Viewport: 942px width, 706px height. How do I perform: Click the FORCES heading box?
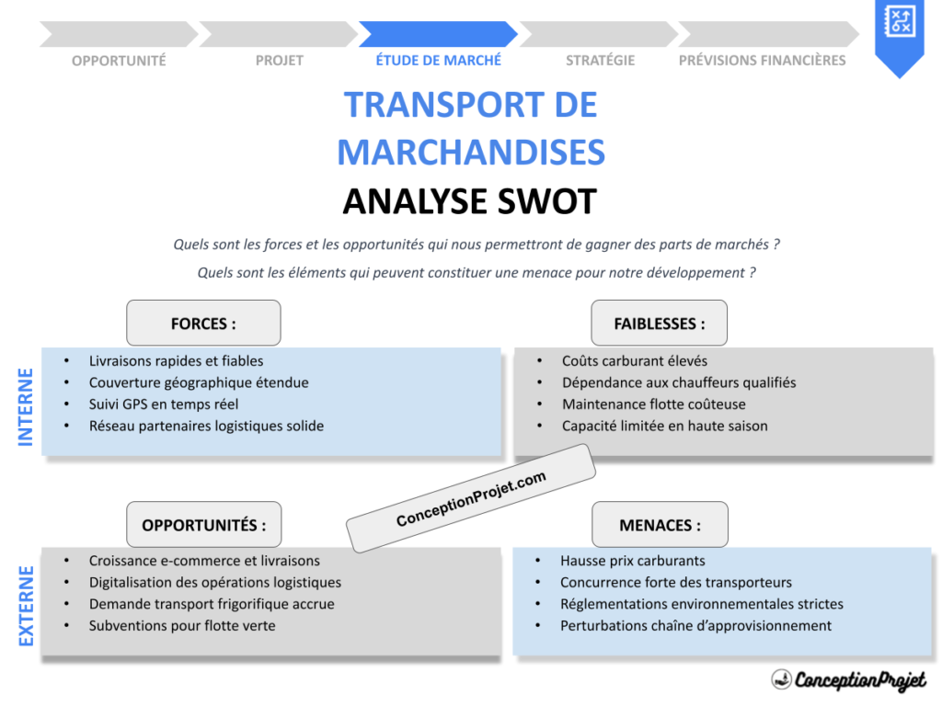tap(203, 323)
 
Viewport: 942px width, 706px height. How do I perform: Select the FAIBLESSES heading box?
tap(659, 323)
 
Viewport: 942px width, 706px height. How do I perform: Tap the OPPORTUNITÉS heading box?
tap(203, 525)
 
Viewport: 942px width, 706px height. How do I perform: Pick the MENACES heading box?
tap(659, 525)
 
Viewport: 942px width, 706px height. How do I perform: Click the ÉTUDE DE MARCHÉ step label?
tap(438, 61)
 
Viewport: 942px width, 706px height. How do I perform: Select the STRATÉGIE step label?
tap(600, 61)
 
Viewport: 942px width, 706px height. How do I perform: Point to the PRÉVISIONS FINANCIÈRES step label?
tap(762, 61)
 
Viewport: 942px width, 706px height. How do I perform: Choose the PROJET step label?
tap(279, 61)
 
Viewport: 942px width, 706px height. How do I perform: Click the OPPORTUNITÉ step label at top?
tap(119, 61)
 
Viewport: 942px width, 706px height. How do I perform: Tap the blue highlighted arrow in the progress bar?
tap(438, 34)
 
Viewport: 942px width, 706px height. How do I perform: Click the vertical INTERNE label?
tap(26, 406)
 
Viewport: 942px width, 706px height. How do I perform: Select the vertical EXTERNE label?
tap(26, 605)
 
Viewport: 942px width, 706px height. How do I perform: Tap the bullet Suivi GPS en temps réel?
tap(164, 404)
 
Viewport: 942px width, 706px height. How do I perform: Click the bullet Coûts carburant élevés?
tap(635, 361)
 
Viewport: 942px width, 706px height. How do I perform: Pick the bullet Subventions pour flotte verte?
tap(182, 626)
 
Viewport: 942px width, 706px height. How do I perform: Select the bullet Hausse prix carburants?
tap(633, 561)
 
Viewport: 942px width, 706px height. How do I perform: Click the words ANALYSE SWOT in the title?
tap(470, 201)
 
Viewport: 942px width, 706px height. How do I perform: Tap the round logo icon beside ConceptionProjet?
tap(782, 679)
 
